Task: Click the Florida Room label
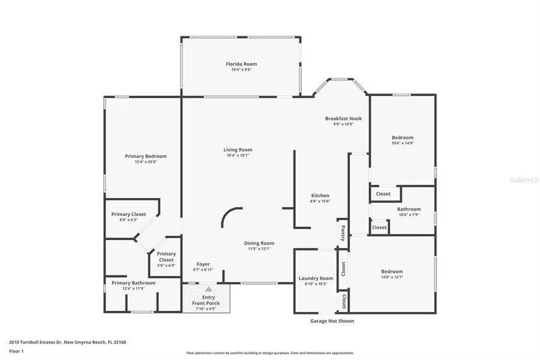pyautogui.click(x=241, y=64)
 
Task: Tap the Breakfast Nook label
pyautogui.click(x=343, y=118)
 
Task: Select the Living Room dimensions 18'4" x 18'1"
pyautogui.click(x=238, y=155)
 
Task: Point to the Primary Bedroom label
pyautogui.click(x=146, y=156)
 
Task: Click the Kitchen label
pyautogui.click(x=320, y=196)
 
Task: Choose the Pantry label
pyautogui.click(x=343, y=230)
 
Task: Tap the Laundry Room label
pyautogui.click(x=316, y=278)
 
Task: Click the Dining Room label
pyautogui.click(x=259, y=243)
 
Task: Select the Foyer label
pyautogui.click(x=203, y=264)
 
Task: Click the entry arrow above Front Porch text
pyautogui.click(x=208, y=289)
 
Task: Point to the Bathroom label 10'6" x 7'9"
pyautogui.click(x=409, y=209)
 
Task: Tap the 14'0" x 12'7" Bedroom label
pyautogui.click(x=392, y=271)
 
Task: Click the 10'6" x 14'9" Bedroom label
pyautogui.click(x=402, y=137)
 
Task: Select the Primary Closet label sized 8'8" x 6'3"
pyautogui.click(x=129, y=214)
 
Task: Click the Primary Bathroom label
pyautogui.click(x=133, y=283)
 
